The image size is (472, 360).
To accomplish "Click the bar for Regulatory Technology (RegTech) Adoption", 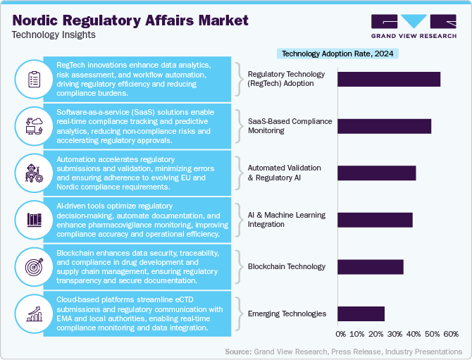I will click(389, 79).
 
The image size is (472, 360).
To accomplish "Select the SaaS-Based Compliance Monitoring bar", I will click(384, 126).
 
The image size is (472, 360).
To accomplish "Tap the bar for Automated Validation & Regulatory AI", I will click(377, 173).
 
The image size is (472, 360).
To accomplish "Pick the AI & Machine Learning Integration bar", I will click(375, 220).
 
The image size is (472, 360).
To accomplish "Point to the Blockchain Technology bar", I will click(371, 267).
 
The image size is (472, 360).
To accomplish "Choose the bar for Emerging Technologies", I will click(361, 314).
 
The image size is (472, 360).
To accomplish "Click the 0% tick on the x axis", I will click(341, 334).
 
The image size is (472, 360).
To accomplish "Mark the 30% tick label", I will click(395, 334).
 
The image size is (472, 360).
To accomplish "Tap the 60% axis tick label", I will click(450, 334).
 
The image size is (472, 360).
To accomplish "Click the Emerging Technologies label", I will click(287, 314).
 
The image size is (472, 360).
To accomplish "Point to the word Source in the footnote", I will click(239, 351).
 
